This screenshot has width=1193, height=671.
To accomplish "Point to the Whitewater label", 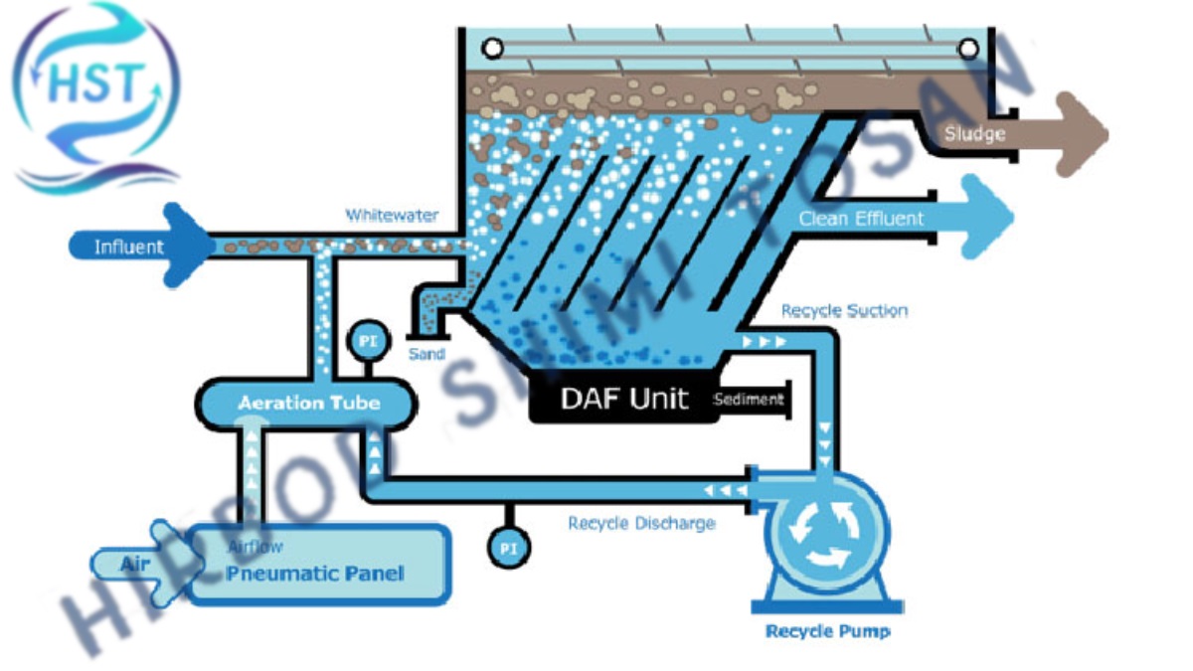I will click(x=392, y=215).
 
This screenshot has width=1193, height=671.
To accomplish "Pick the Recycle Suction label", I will click(x=844, y=311).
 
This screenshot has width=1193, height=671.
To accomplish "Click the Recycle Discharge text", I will click(x=641, y=523).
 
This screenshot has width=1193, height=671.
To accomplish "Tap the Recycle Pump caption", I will click(x=827, y=631).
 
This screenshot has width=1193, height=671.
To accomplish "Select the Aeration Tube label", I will click(x=308, y=403).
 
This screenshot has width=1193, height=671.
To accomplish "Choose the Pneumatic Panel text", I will click(x=314, y=574).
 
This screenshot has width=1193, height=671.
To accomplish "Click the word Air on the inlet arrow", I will click(x=135, y=564).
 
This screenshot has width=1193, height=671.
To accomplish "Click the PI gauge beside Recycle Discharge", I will click(x=508, y=547).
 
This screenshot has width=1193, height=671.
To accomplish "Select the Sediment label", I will click(x=749, y=400).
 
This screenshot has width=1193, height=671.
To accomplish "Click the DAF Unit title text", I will click(x=623, y=399).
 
